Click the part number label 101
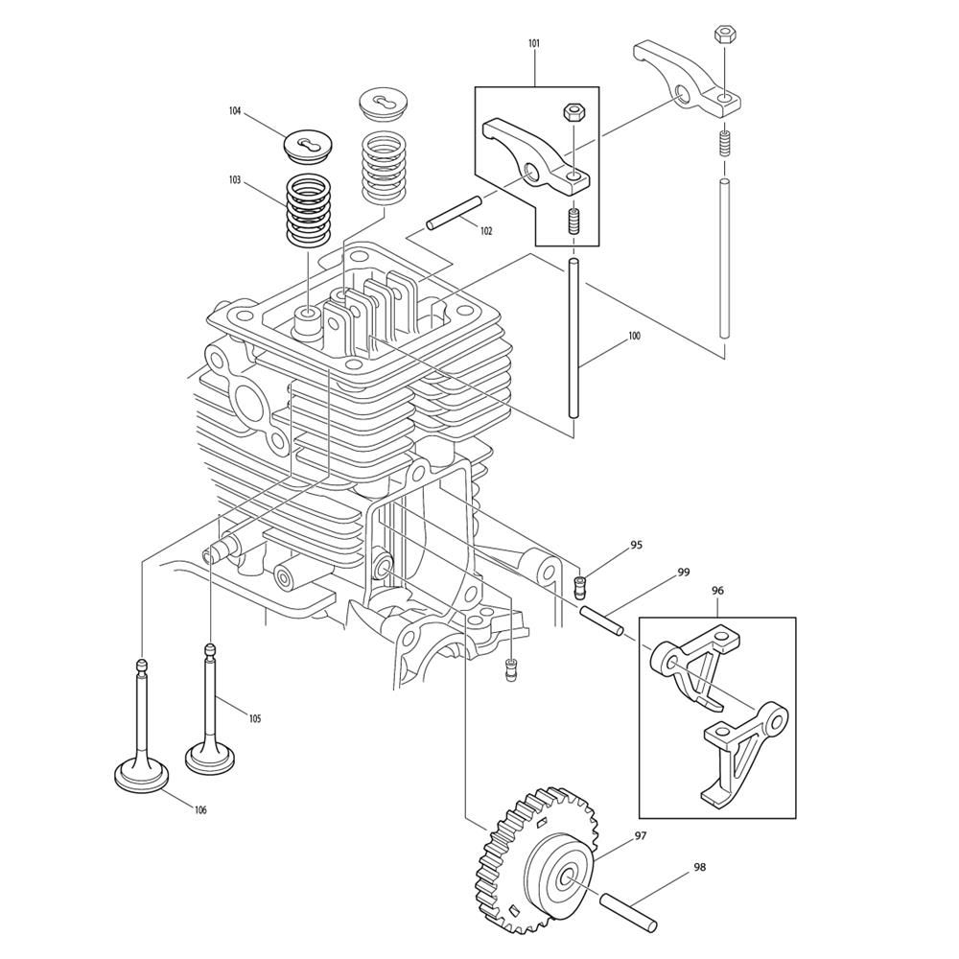(x=534, y=43)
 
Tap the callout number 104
(x=235, y=110)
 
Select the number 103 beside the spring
(x=235, y=180)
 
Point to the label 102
(x=486, y=231)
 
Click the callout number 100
(x=634, y=336)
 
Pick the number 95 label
(x=637, y=545)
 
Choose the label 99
(x=684, y=573)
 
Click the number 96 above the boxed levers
(x=718, y=591)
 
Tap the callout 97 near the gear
(x=641, y=835)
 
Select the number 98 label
(x=700, y=867)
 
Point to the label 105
(x=254, y=718)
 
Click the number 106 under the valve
(x=200, y=809)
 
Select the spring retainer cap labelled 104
(x=308, y=146)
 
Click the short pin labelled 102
(x=454, y=212)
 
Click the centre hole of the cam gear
(x=570, y=877)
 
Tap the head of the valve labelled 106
(x=142, y=775)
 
